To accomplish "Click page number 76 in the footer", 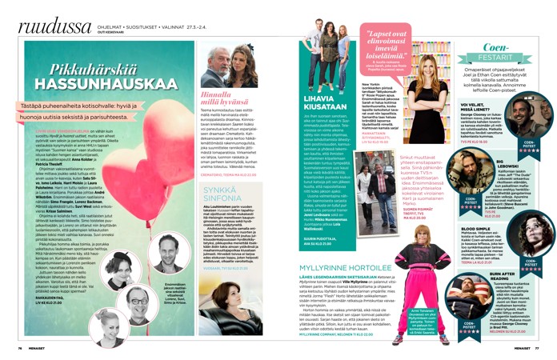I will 21,349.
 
